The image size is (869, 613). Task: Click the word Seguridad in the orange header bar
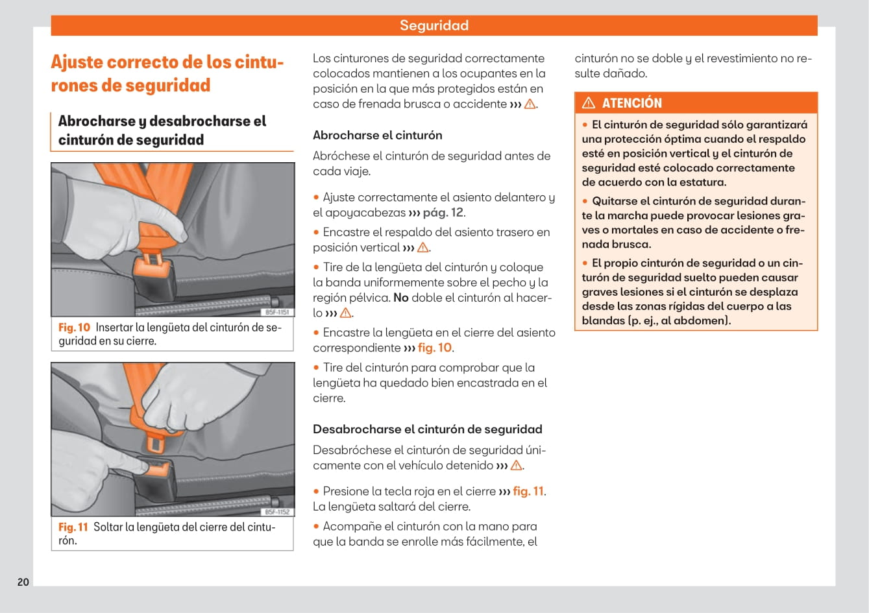434,25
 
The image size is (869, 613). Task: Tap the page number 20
23,582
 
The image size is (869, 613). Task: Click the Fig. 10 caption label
74,328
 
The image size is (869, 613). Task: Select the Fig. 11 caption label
73,527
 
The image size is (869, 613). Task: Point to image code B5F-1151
278,312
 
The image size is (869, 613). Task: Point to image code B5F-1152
278,512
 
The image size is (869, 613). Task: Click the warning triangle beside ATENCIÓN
589,103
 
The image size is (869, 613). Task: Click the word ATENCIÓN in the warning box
631,103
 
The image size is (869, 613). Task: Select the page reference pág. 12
443,213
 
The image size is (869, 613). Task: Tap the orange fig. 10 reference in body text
434,348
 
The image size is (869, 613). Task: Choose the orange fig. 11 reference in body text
528,491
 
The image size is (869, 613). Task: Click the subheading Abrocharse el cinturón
377,135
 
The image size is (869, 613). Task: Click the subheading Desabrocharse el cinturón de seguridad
427,429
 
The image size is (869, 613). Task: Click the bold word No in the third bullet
400,298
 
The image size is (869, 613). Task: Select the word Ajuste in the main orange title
77,62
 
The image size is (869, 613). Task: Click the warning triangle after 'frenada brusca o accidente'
530,104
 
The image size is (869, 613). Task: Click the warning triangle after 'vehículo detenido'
517,466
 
